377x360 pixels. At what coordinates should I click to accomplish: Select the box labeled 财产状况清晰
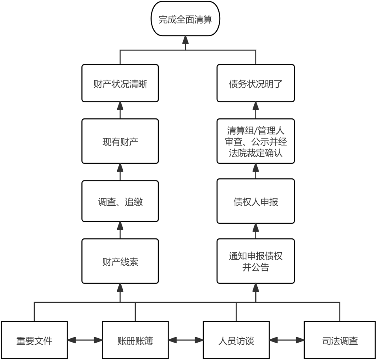(x=120, y=84)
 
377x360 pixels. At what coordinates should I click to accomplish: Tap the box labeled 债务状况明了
(x=255, y=84)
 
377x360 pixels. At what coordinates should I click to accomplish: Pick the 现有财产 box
(x=120, y=141)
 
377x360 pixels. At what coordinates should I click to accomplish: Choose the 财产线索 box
(x=120, y=261)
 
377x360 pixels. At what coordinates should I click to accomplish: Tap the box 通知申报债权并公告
(x=255, y=261)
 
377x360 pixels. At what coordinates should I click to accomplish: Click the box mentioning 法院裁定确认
(x=255, y=141)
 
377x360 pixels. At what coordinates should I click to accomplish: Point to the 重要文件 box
(x=34, y=340)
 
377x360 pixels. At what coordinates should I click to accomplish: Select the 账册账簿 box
(x=135, y=340)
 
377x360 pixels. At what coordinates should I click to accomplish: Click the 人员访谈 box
(x=236, y=340)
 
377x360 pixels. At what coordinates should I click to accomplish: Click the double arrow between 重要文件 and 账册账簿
(x=85, y=339)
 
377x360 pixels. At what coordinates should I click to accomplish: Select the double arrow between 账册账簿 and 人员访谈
(x=186, y=339)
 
